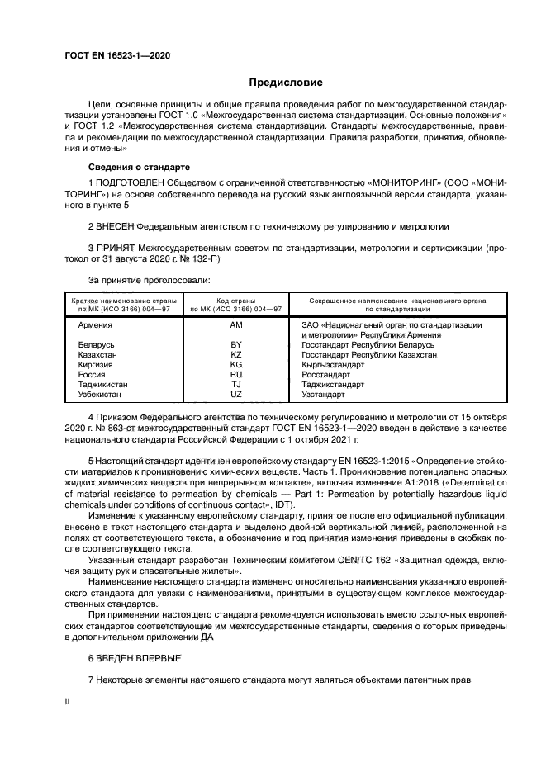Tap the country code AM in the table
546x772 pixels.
tap(236, 325)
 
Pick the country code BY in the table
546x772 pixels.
tap(236, 344)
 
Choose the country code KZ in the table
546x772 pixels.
tap(236, 354)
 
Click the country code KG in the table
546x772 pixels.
tap(236, 364)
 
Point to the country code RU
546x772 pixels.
tap(236, 374)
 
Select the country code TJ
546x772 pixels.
tap(236, 384)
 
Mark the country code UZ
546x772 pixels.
tap(236, 394)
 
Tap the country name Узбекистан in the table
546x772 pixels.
tap(100, 394)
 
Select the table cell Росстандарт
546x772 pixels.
tap(328, 374)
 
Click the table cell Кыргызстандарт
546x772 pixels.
tap(335, 364)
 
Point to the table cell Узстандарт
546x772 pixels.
tap(325, 394)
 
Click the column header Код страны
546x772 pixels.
tap(236, 301)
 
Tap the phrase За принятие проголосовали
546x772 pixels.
tap(143, 281)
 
